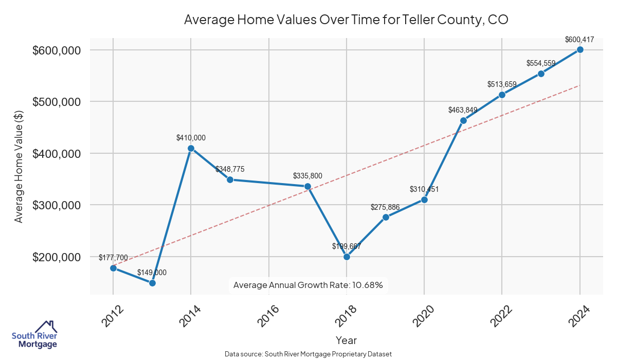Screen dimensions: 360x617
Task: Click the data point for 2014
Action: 191,148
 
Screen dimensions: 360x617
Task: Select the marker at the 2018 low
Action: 347,257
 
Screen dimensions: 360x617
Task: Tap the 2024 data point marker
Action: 580,49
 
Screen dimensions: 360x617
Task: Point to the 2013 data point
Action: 152,283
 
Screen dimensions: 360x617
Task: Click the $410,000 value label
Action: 191,137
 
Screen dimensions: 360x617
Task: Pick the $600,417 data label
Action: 579,39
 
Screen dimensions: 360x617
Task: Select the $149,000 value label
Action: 152,273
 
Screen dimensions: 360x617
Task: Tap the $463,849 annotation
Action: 463,110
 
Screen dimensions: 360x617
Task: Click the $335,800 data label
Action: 307,176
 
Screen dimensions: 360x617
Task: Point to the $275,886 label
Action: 385,207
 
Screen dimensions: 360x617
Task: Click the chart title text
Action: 346,20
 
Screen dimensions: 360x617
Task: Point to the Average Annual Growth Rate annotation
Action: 308,285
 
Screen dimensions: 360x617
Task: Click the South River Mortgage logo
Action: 34,334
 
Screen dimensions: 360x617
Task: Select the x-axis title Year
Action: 346,340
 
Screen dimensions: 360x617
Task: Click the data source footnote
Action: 308,354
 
